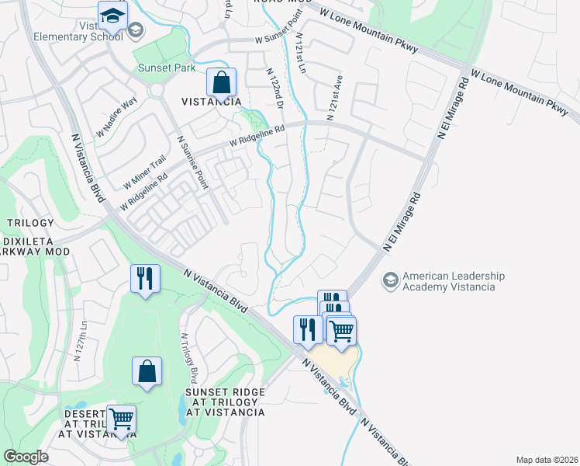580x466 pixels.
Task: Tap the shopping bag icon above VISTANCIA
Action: [221, 82]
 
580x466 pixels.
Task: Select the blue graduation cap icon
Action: [112, 16]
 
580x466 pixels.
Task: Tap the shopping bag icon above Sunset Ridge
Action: [147, 372]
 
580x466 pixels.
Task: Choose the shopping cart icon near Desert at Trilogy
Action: [121, 420]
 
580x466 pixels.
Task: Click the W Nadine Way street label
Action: [116, 114]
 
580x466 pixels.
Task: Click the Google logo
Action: [26, 457]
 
